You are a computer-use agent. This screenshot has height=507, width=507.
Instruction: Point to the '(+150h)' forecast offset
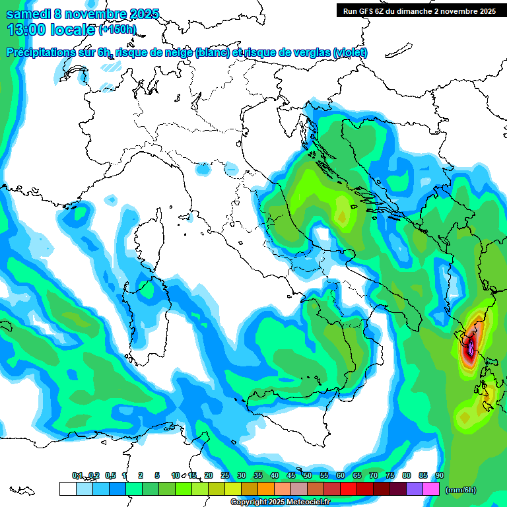point(118,30)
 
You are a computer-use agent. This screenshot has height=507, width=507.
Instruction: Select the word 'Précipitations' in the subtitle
point(48,53)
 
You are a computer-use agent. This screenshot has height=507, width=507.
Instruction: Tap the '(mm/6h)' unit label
point(461,490)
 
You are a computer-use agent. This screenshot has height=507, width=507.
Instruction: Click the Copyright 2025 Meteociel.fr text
point(290,502)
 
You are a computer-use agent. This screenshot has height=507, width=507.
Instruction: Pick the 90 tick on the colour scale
point(440,476)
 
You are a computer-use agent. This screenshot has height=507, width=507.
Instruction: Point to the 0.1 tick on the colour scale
point(77,476)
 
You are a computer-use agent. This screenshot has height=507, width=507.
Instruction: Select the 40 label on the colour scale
point(275,476)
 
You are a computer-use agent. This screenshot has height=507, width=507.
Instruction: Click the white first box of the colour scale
point(67,489)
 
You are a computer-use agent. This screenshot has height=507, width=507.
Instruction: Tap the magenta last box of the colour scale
point(431,489)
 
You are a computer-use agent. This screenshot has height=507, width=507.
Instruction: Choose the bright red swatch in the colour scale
point(349,489)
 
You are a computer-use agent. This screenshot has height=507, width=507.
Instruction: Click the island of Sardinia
point(147,310)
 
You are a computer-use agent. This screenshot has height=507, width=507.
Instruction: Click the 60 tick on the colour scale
point(341,476)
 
